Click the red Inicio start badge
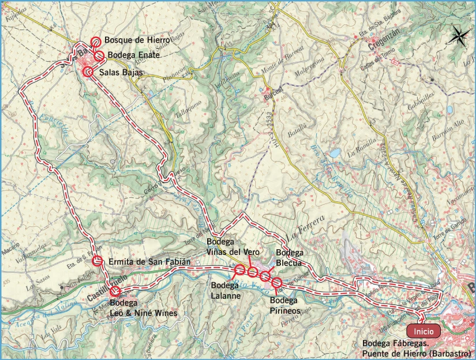coord(423,332)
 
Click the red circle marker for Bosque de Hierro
coord(96,42)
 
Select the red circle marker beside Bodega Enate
coord(99,55)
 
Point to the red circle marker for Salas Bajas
coord(88,72)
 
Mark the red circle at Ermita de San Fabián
coord(98,261)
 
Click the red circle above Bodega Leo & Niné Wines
coord(115,291)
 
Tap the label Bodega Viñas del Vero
coord(232,246)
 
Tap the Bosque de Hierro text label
coord(137,40)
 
